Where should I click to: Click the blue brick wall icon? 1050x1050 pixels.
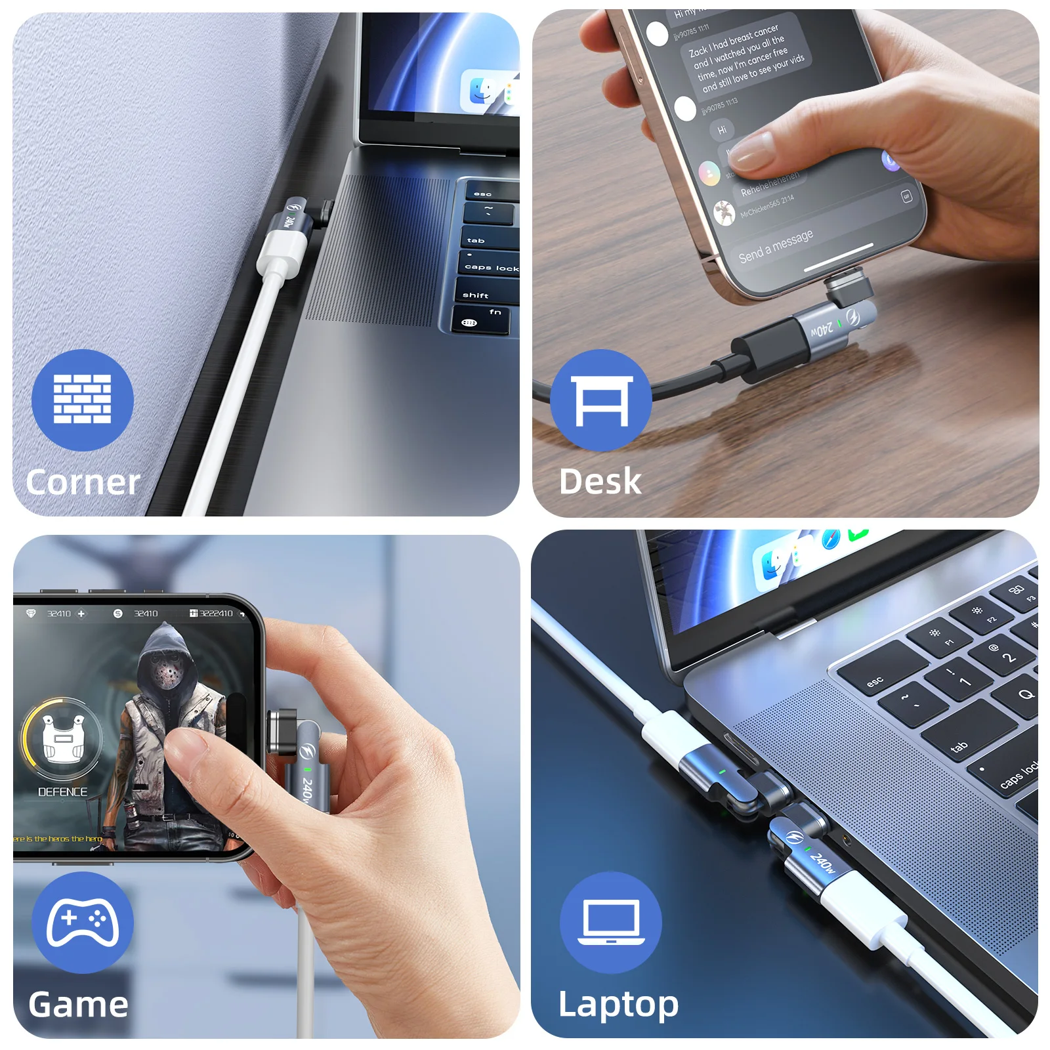(x=83, y=400)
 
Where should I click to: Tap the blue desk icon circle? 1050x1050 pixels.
(x=601, y=400)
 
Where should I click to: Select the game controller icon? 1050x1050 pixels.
(x=83, y=922)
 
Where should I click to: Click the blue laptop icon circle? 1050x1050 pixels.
(x=611, y=922)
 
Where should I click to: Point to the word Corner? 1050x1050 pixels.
(x=83, y=482)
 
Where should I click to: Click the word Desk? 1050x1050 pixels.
(x=600, y=481)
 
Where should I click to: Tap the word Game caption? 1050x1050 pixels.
(x=79, y=1004)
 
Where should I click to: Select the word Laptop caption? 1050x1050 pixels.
(x=618, y=1004)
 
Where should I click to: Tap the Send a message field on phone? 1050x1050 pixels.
(x=776, y=245)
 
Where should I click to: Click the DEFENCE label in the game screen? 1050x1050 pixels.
(x=62, y=792)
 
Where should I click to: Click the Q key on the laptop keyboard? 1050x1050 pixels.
(x=1025, y=694)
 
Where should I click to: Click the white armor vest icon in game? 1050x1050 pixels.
(x=62, y=738)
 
